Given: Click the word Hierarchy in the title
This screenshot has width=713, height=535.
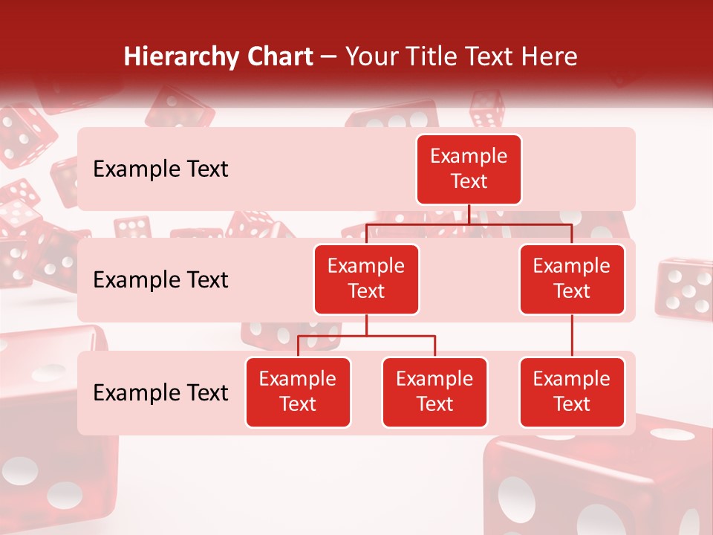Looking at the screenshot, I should click(x=180, y=57).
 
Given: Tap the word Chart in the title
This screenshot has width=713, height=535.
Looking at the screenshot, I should click(x=281, y=57).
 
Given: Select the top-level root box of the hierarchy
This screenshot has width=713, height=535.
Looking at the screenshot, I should click(x=469, y=169).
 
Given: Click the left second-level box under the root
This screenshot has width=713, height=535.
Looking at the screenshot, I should click(x=366, y=279).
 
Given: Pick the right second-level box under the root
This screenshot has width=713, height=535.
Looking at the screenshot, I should click(x=572, y=279).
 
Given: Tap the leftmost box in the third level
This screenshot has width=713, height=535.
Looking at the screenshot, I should click(x=298, y=392).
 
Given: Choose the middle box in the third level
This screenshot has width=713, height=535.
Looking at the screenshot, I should click(x=434, y=392).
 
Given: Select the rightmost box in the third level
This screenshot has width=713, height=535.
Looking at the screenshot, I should click(x=572, y=392).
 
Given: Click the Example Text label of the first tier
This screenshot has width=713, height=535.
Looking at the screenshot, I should click(x=160, y=169).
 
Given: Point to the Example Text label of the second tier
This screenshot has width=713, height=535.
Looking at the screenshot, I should click(x=160, y=280).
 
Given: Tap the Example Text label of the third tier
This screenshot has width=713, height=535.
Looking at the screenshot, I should click(x=160, y=392).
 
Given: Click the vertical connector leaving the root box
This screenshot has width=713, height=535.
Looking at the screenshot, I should click(x=469, y=214).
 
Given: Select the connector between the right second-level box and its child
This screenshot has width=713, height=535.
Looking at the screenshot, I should click(x=572, y=335).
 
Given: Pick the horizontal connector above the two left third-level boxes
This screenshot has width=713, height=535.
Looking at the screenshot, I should click(x=366, y=336).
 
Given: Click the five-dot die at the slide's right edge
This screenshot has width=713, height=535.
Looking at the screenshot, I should click(x=683, y=286).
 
